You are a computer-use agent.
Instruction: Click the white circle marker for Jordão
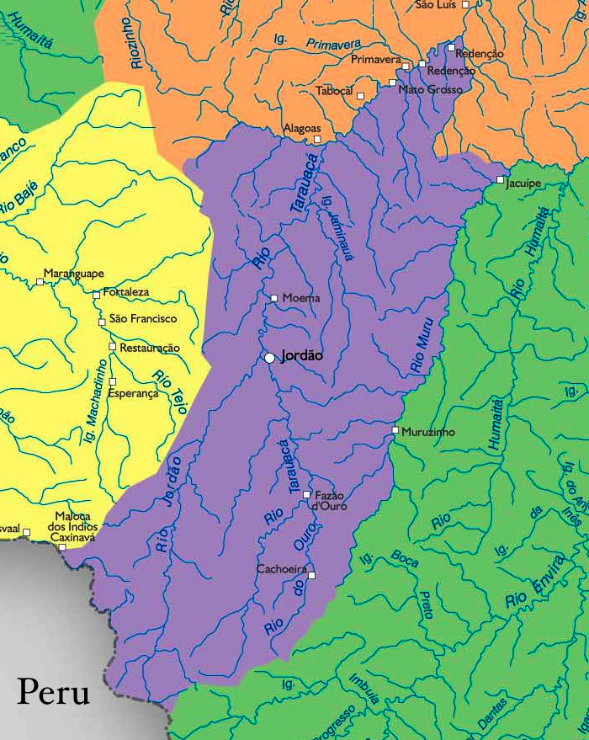coord(269,358)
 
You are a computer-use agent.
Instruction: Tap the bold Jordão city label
coord(301,356)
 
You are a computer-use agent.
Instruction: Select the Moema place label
coord(301,298)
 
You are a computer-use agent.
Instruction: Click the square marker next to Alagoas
coord(317,139)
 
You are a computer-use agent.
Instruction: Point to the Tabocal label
coord(334,91)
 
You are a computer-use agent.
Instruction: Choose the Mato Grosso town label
coord(430,89)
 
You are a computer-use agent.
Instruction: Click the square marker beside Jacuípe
coord(500,180)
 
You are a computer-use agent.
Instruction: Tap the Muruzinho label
coord(428,432)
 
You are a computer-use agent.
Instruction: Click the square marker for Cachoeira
coord(310,576)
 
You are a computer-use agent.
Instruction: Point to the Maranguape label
coord(74,274)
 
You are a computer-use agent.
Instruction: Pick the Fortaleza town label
coord(126,292)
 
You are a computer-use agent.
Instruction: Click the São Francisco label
coord(143,319)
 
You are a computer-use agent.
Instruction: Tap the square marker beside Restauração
coord(112,347)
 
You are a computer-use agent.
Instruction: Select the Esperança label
coord(133,393)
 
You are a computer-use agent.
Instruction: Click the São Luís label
coord(436,5)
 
